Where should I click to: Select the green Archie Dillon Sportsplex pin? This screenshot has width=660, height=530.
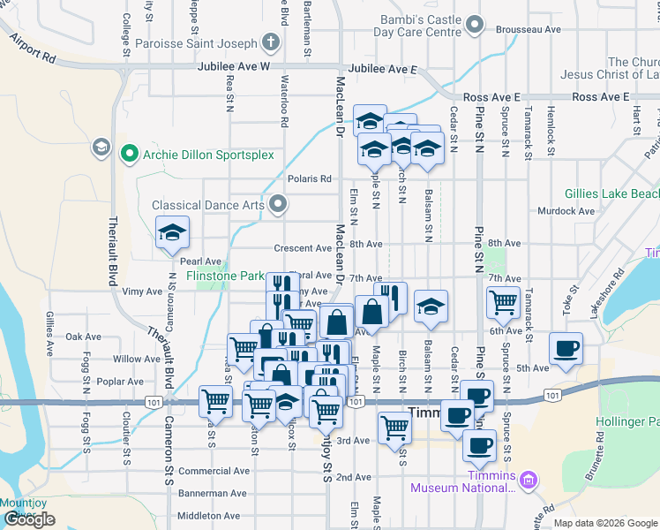130,155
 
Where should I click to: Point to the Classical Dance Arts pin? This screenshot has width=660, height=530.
279,206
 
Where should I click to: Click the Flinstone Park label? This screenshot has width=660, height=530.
225,276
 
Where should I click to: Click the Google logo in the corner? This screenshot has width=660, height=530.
29,519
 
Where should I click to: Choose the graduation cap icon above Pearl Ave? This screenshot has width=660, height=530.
172,234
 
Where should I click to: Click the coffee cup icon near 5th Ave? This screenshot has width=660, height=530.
566,348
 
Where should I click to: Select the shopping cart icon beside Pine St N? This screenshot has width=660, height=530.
503,302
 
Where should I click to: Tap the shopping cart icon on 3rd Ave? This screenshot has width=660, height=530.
394,428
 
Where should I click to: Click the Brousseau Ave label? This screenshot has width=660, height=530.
529,29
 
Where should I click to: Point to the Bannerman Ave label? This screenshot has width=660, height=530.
214,494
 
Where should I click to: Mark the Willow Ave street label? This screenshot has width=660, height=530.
137,360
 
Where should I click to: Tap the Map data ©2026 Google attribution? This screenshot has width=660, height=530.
605,523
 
